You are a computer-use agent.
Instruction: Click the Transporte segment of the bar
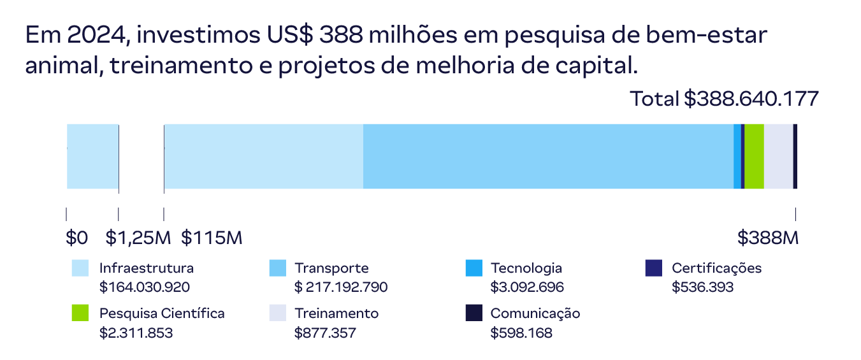[548, 156]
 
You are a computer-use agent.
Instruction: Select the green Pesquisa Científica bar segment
[754, 156]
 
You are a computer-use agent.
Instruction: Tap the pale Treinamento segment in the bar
[778, 156]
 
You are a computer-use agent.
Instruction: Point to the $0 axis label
[76, 238]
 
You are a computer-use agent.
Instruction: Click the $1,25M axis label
[138, 238]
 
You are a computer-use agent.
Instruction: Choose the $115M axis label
[212, 238]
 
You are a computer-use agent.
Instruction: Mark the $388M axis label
[768, 238]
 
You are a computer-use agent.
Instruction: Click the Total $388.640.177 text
[724, 99]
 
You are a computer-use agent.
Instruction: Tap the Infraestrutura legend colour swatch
[80, 268]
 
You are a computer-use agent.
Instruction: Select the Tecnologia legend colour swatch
[474, 268]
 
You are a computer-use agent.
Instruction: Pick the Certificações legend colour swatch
[654, 268]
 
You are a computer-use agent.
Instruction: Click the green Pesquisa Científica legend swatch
[80, 313]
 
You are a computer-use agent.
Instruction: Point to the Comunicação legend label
[535, 313]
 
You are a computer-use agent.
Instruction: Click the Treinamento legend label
[336, 313]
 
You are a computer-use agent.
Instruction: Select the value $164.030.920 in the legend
[145, 287]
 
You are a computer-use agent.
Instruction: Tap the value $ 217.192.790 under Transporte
[341, 287]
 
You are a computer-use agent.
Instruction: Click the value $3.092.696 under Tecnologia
[527, 287]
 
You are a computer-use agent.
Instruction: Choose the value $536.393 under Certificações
[702, 287]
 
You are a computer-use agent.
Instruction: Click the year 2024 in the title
[98, 36]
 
